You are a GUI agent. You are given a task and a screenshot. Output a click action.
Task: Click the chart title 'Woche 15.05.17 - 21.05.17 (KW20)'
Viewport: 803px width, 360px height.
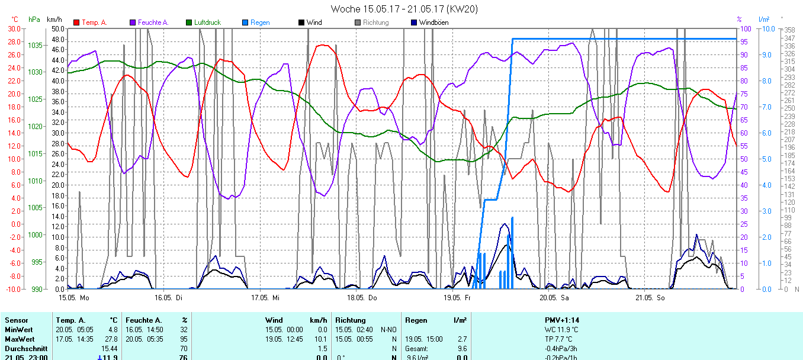click(404, 9)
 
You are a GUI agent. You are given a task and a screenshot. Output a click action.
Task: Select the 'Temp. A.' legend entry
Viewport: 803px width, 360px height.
click(94, 22)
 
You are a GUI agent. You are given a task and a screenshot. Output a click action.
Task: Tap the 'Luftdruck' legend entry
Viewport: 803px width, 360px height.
click(207, 22)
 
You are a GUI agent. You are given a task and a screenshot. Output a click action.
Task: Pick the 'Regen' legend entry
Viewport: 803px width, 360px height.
click(259, 22)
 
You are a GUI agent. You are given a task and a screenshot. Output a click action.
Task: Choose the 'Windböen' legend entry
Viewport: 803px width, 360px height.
click(433, 22)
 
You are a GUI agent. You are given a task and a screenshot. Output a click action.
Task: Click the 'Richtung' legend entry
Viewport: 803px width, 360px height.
click(375, 22)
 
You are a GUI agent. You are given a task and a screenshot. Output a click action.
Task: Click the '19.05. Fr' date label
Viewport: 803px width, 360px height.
click(457, 297)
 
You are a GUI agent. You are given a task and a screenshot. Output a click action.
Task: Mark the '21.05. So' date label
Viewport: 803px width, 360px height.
click(650, 297)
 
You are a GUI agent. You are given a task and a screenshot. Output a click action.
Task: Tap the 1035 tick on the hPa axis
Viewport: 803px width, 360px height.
click(35, 45)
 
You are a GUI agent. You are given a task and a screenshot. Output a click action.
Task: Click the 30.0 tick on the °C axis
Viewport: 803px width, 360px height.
click(14, 28)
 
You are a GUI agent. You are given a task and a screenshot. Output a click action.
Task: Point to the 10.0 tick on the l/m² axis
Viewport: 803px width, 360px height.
click(766, 28)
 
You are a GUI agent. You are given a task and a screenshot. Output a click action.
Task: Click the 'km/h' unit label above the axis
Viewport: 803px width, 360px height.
click(54, 20)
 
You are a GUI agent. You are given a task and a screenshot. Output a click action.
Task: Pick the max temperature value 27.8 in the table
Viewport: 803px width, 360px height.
click(112, 339)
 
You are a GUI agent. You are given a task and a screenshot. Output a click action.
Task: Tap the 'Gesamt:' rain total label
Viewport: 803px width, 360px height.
click(417, 349)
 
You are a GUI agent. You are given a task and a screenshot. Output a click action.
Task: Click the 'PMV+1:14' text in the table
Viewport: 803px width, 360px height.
click(562, 320)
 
